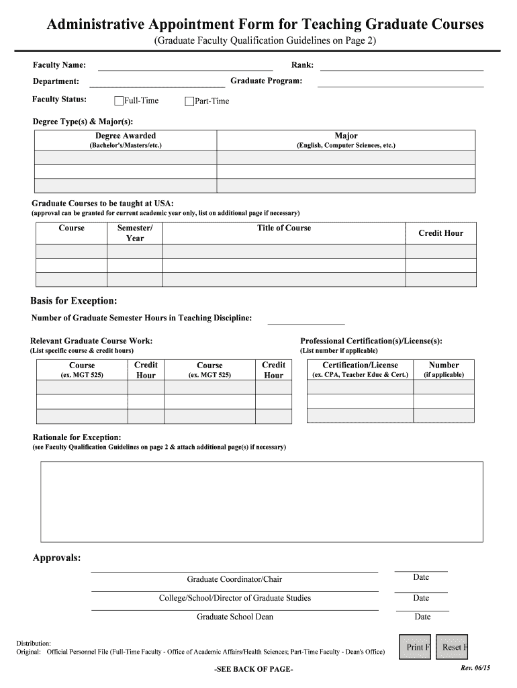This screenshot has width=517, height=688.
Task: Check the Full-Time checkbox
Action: [x=119, y=101]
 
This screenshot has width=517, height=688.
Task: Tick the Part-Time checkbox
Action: [x=189, y=101]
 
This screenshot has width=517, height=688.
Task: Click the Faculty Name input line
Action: [x=185, y=65]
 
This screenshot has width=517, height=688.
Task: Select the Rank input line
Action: [x=402, y=65]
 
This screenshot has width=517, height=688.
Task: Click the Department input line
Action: [x=157, y=82]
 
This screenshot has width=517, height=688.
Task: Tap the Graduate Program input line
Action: [x=400, y=81]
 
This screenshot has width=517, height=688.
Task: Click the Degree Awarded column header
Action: [x=126, y=136]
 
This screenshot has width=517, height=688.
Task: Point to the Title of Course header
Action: [x=284, y=228]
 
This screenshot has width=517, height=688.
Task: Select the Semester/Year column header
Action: [x=135, y=233]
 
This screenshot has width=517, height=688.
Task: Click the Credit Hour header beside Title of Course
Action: [x=440, y=233]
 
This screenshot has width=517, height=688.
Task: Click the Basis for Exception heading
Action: [x=74, y=300]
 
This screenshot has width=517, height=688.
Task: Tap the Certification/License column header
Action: [x=360, y=365]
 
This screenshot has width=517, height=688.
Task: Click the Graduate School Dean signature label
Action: [x=234, y=617]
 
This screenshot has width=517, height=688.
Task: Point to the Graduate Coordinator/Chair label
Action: [x=234, y=579]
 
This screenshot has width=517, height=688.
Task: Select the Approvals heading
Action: [x=57, y=558]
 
